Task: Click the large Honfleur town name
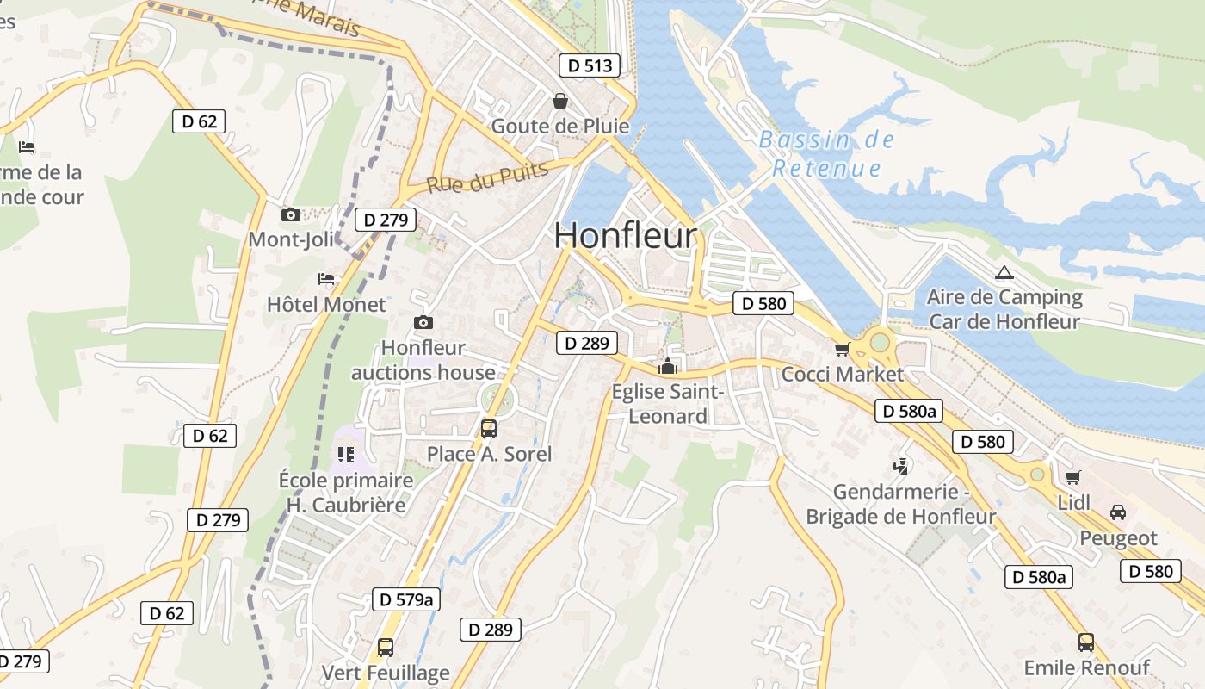[x=626, y=235]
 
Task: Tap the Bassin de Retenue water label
[x=826, y=153]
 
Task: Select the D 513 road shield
[x=590, y=65]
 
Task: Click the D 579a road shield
[x=406, y=599]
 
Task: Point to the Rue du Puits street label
[x=488, y=177]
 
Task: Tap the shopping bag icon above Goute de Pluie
[x=560, y=101]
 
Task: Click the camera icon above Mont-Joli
[x=291, y=214]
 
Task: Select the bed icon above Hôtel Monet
[x=326, y=279]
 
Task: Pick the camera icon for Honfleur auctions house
[x=423, y=323]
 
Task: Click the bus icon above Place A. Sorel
[x=489, y=428]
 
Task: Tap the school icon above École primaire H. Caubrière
[x=346, y=454]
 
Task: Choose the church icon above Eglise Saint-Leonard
[x=668, y=367]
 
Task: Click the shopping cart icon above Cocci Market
[x=842, y=349]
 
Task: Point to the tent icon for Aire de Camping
[x=1004, y=273]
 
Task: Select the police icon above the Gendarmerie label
[x=900, y=466]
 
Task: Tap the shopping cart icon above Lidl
[x=1072, y=477]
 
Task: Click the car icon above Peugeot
[x=1118, y=512]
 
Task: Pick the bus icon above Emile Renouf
[x=1086, y=642]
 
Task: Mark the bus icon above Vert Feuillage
[x=386, y=647]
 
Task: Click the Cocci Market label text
[x=843, y=375]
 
